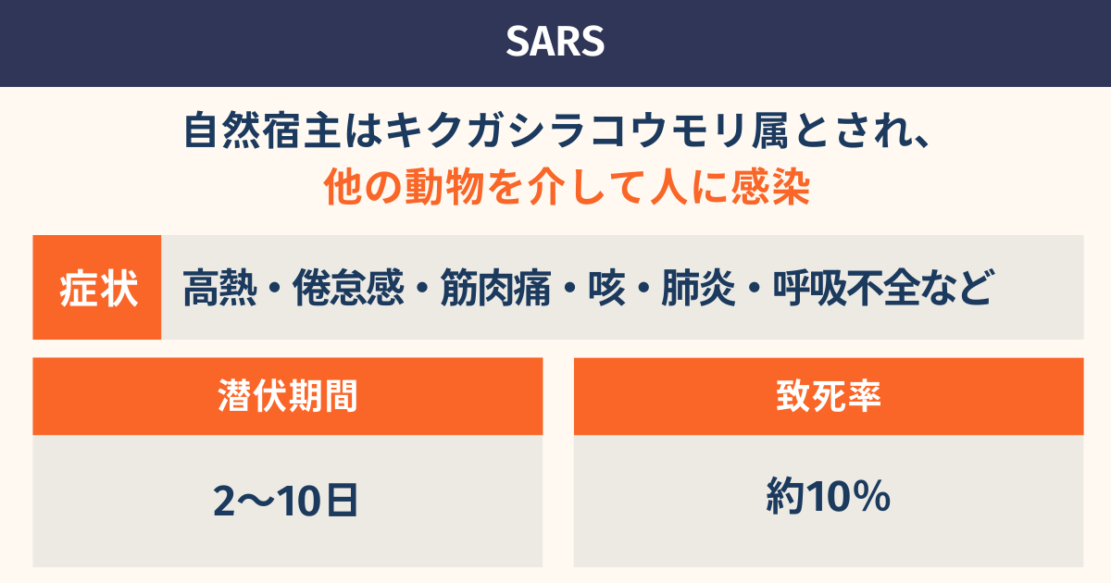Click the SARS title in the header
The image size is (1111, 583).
pos(555,42)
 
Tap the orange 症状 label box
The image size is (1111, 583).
pos(97,288)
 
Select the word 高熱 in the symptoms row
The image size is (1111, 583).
pos(219,288)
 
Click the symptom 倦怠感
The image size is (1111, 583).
pos(348,288)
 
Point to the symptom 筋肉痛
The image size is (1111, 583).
pos(495,288)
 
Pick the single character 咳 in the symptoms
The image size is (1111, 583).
pos(606,288)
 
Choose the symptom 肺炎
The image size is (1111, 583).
pos(698,288)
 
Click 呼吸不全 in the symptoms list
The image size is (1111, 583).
pos(846,288)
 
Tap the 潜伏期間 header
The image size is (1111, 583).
pos(288,396)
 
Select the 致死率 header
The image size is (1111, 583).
pos(829,396)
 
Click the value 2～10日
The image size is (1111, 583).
pos(286,501)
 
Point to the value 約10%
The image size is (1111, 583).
pos(829,496)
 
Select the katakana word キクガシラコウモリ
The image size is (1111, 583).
pos(567,130)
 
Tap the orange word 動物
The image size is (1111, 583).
pos(444,187)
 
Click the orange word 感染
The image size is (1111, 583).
pos(770,187)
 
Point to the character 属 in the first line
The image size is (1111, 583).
pos(769,130)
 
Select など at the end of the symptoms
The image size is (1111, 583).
pos(958,288)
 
